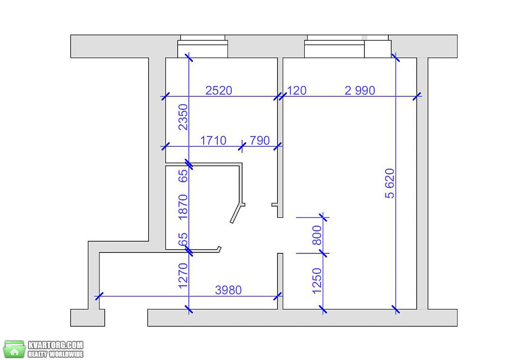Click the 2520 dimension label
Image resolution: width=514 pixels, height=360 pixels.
tap(219, 91)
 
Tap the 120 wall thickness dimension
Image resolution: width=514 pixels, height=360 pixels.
tap(297, 91)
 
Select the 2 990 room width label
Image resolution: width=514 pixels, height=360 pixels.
tap(360, 91)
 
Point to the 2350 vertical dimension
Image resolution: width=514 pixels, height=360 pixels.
tap(183, 117)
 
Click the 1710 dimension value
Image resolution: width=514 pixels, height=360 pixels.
tap(213, 141)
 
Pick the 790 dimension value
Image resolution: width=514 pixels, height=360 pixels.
tap(260, 141)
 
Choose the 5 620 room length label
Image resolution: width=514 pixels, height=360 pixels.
tap(390, 183)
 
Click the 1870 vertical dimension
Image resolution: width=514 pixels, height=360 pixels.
tap(183, 207)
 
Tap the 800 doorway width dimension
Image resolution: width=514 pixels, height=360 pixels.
tap(317, 235)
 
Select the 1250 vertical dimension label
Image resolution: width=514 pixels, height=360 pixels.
tap(317, 281)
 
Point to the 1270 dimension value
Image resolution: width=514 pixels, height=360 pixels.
tap(183, 276)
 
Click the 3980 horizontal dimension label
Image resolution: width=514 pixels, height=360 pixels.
tap(228, 290)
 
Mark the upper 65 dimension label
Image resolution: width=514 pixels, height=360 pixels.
tap(183, 175)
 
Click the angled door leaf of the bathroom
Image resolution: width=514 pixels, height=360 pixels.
tap(237, 214)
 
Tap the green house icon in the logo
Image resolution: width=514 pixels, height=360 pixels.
tap(14, 349)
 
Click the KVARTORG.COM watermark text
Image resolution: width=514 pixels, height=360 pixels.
tap(56, 345)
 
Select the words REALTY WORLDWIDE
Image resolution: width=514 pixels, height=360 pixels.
tap(56, 354)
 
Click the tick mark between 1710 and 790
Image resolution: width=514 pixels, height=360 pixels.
tap(242, 146)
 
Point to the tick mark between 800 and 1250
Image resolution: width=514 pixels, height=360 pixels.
tap(323, 253)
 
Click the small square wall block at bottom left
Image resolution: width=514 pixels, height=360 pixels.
tap(87, 318)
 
